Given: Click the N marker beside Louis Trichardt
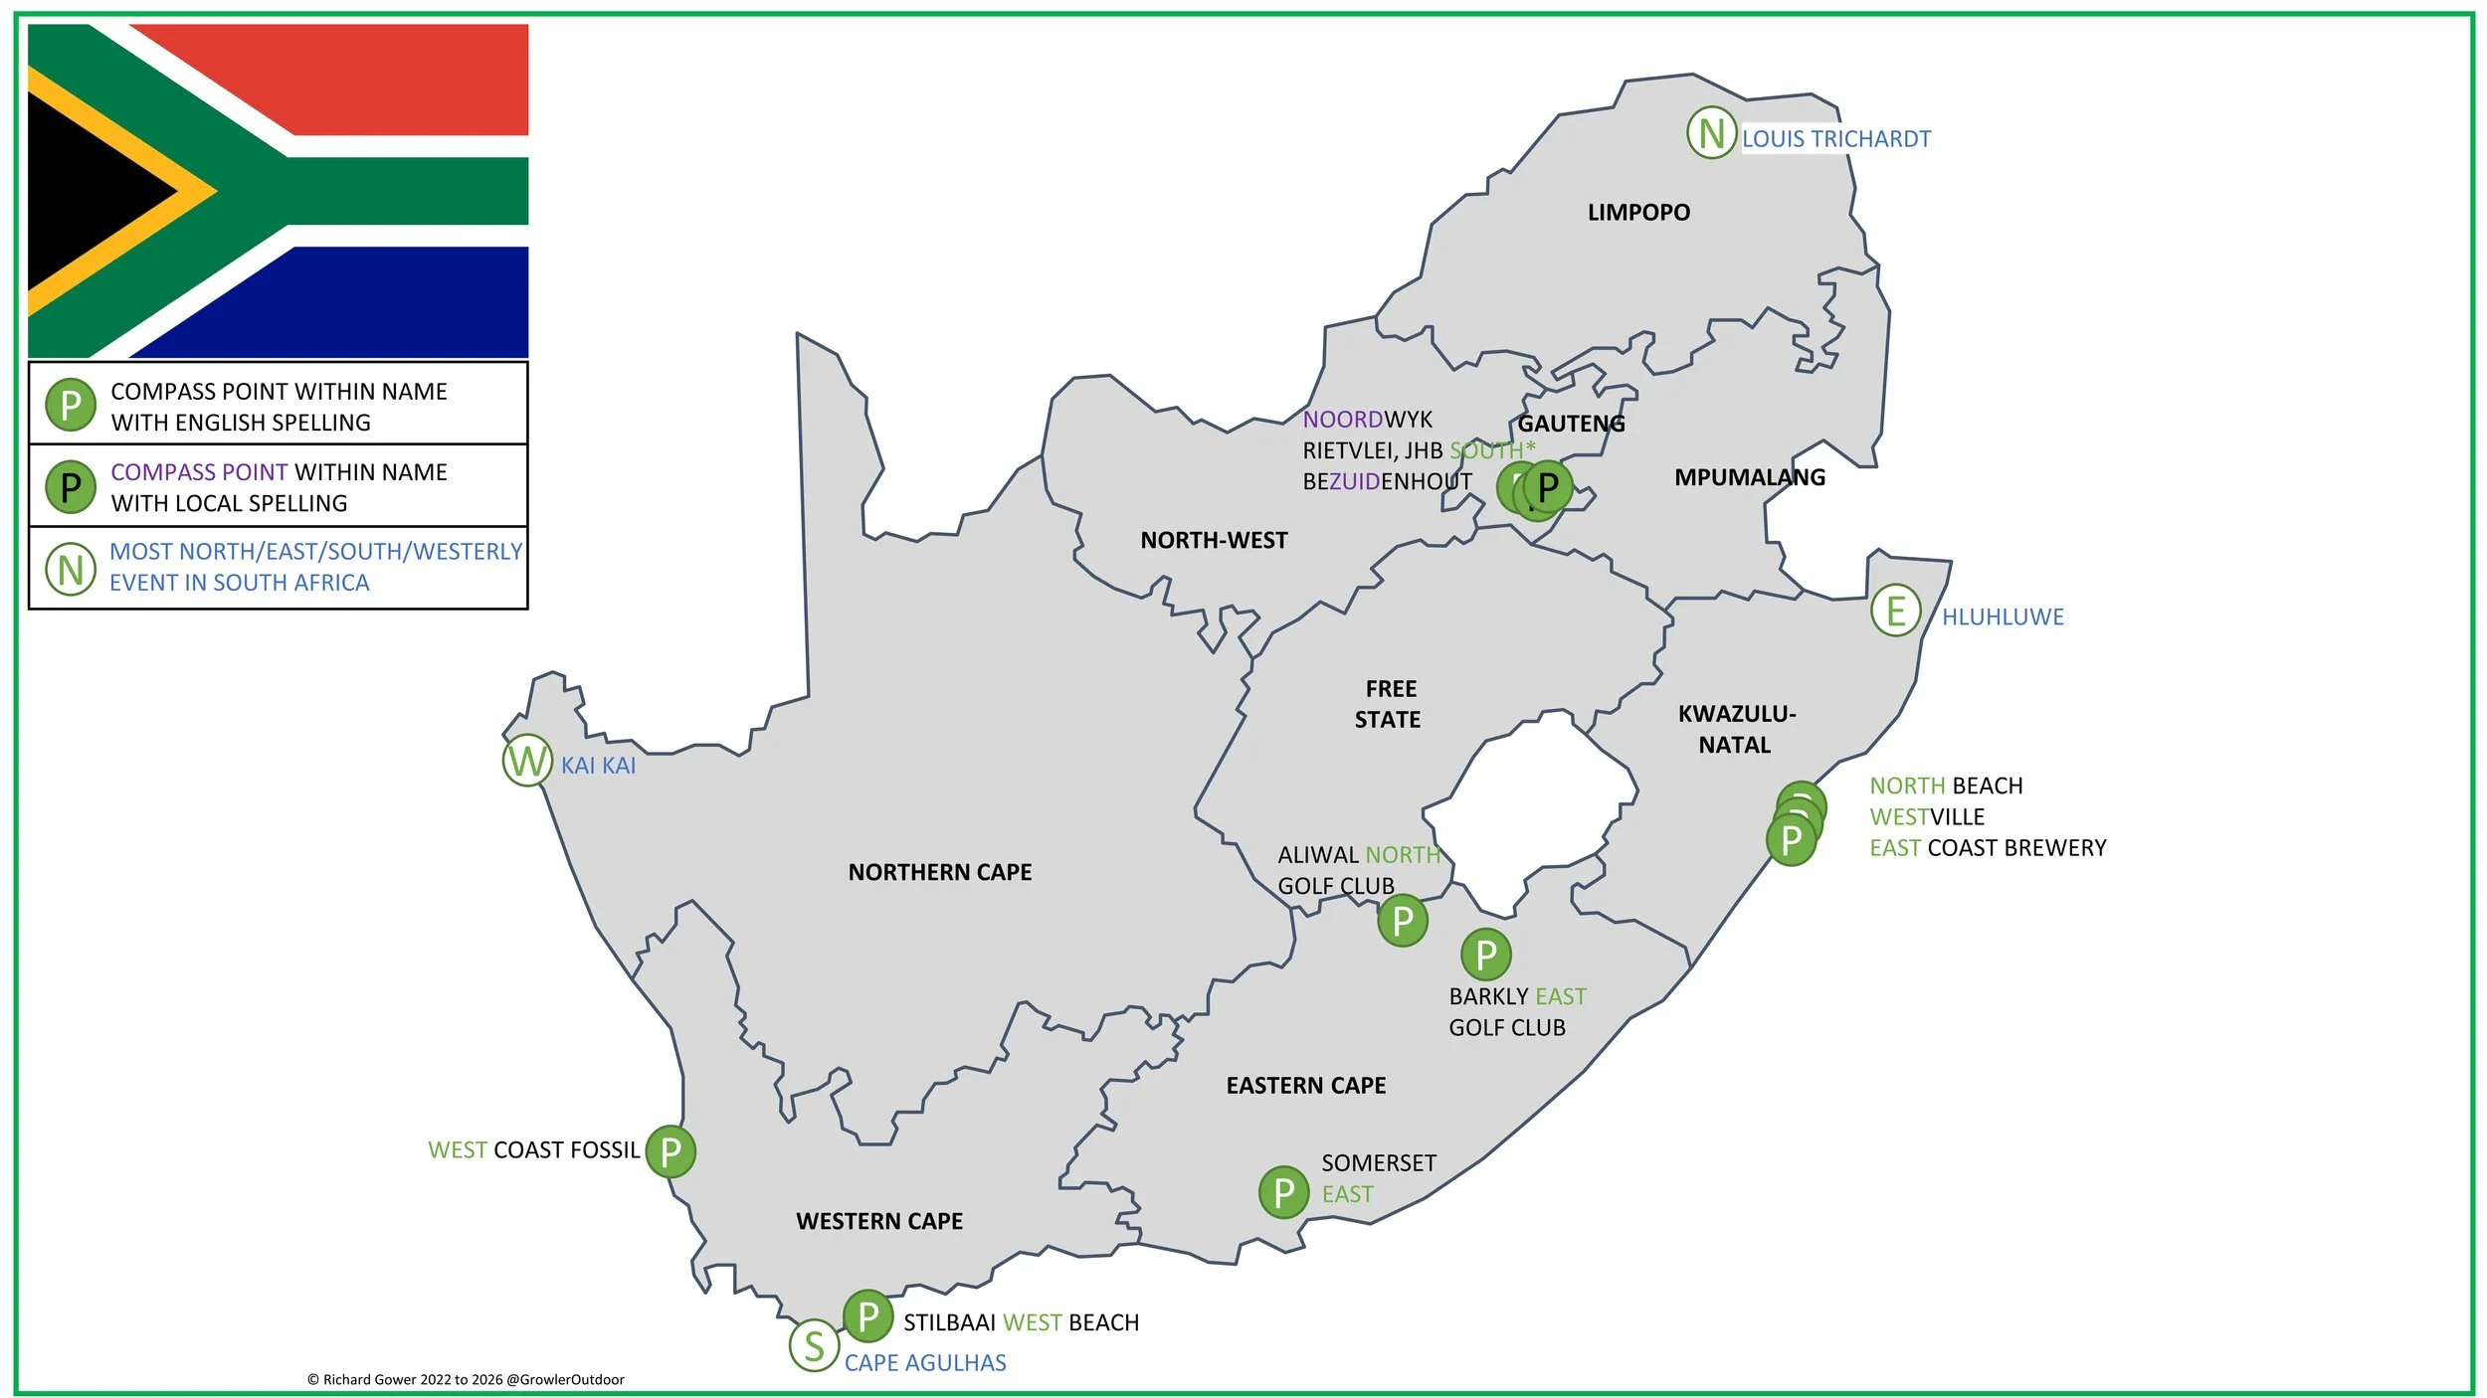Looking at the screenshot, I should click(x=1710, y=132).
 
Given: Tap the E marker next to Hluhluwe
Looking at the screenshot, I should click(x=1895, y=610).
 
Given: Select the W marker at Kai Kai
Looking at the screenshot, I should click(x=526, y=761).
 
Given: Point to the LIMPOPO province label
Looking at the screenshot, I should click(x=1637, y=212).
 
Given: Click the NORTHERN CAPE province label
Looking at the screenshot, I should click(x=939, y=872).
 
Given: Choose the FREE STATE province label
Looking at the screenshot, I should click(x=1389, y=704).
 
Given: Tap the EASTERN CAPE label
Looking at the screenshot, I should click(x=1305, y=1085).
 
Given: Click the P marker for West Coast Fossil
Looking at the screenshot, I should click(x=670, y=1151).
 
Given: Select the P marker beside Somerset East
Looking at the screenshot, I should click(x=1283, y=1192).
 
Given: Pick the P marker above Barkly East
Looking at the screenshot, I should click(x=1485, y=955).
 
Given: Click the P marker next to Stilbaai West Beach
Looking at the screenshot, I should click(x=867, y=1316).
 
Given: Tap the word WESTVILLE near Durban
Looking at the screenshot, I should click(x=1926, y=816).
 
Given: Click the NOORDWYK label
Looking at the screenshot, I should click(x=1367, y=420).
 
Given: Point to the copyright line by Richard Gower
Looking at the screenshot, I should click(x=466, y=1379).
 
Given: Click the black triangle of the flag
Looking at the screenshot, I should click(x=90, y=191).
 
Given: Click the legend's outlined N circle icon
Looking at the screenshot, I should click(x=71, y=569).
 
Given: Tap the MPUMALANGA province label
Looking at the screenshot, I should click(x=1749, y=477).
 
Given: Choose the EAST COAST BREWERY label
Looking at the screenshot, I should click(x=1987, y=847).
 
